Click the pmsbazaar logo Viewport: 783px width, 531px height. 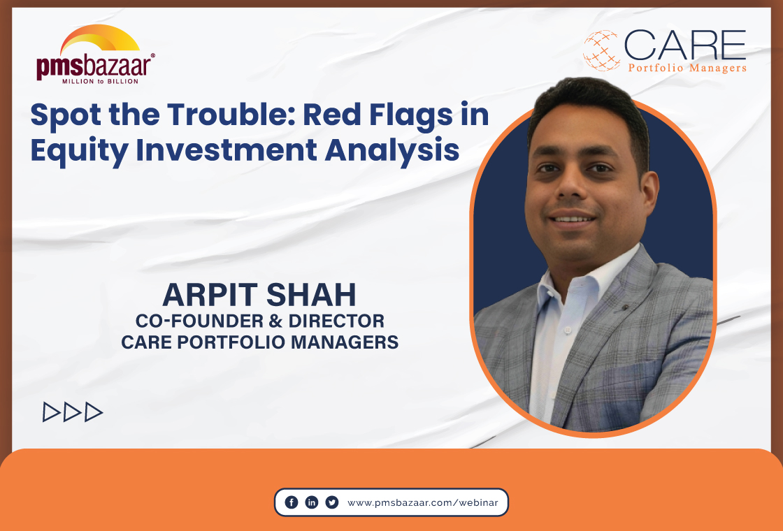point(96,56)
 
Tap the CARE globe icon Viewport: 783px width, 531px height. point(601,51)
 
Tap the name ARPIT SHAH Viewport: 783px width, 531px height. point(259,296)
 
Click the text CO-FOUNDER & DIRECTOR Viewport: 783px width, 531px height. point(259,321)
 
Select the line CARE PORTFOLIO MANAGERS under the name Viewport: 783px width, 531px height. point(259,342)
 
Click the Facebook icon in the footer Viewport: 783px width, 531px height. point(292,502)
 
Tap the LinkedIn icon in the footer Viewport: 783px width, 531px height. point(312,502)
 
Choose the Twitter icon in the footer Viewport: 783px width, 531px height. point(332,502)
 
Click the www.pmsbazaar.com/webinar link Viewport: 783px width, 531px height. point(423,502)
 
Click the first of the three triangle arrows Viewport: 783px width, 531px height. point(51,412)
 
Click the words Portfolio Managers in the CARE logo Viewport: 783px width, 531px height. point(687,68)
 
